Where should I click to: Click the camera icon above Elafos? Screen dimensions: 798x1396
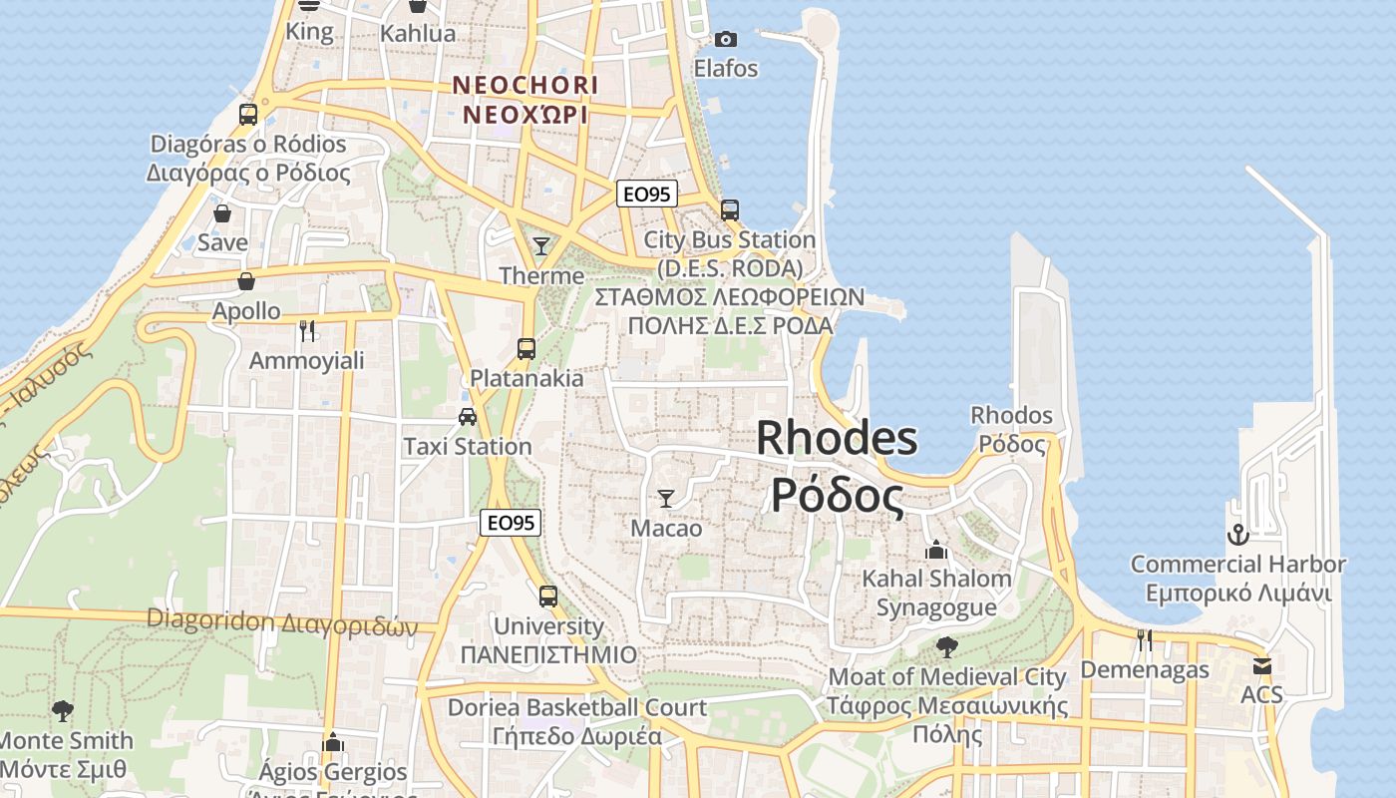point(726,39)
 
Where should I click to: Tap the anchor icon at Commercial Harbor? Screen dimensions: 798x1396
point(1237,535)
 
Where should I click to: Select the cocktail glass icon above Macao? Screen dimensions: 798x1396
point(666,498)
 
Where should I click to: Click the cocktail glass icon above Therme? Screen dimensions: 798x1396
point(541,245)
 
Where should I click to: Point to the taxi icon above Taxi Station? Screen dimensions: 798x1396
point(467,417)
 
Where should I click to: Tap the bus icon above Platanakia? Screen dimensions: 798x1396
point(526,349)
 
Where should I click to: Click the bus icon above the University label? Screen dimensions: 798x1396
point(548,597)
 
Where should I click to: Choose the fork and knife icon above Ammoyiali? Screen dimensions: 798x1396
point(307,330)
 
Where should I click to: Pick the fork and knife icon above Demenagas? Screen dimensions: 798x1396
point(1145,639)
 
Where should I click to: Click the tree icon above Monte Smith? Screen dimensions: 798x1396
point(62,711)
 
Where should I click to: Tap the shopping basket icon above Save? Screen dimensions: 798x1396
point(222,212)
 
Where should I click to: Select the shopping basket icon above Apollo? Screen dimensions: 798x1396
point(246,281)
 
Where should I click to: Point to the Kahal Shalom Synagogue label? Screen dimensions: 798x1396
point(936,593)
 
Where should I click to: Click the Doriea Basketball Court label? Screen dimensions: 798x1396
point(577,707)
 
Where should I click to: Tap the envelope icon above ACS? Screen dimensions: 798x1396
point(1262,665)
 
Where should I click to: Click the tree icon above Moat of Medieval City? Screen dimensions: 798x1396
point(946,647)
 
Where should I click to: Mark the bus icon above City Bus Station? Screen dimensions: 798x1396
point(730,210)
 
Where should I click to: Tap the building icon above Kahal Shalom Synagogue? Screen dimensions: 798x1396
point(935,550)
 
